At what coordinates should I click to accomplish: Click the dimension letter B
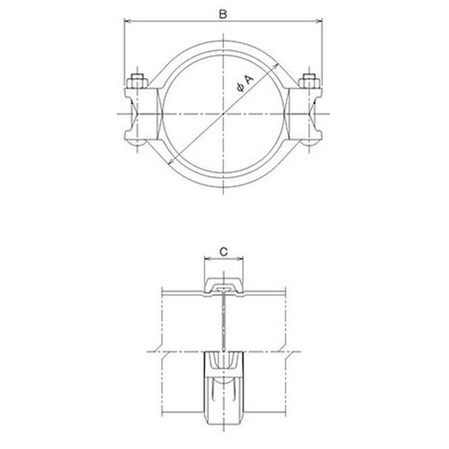tap(223, 15)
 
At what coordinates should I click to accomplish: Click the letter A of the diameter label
tap(249, 79)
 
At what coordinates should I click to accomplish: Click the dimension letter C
tap(223, 251)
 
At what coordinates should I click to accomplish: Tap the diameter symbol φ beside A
tap(241, 88)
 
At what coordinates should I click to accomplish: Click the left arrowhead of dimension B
tap(127, 21)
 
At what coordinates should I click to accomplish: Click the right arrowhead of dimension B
tap(319, 21)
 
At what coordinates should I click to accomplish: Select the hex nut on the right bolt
tap(309, 81)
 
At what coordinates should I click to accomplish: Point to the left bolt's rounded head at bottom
tap(137, 143)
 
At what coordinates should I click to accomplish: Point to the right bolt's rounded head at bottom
tap(310, 143)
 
